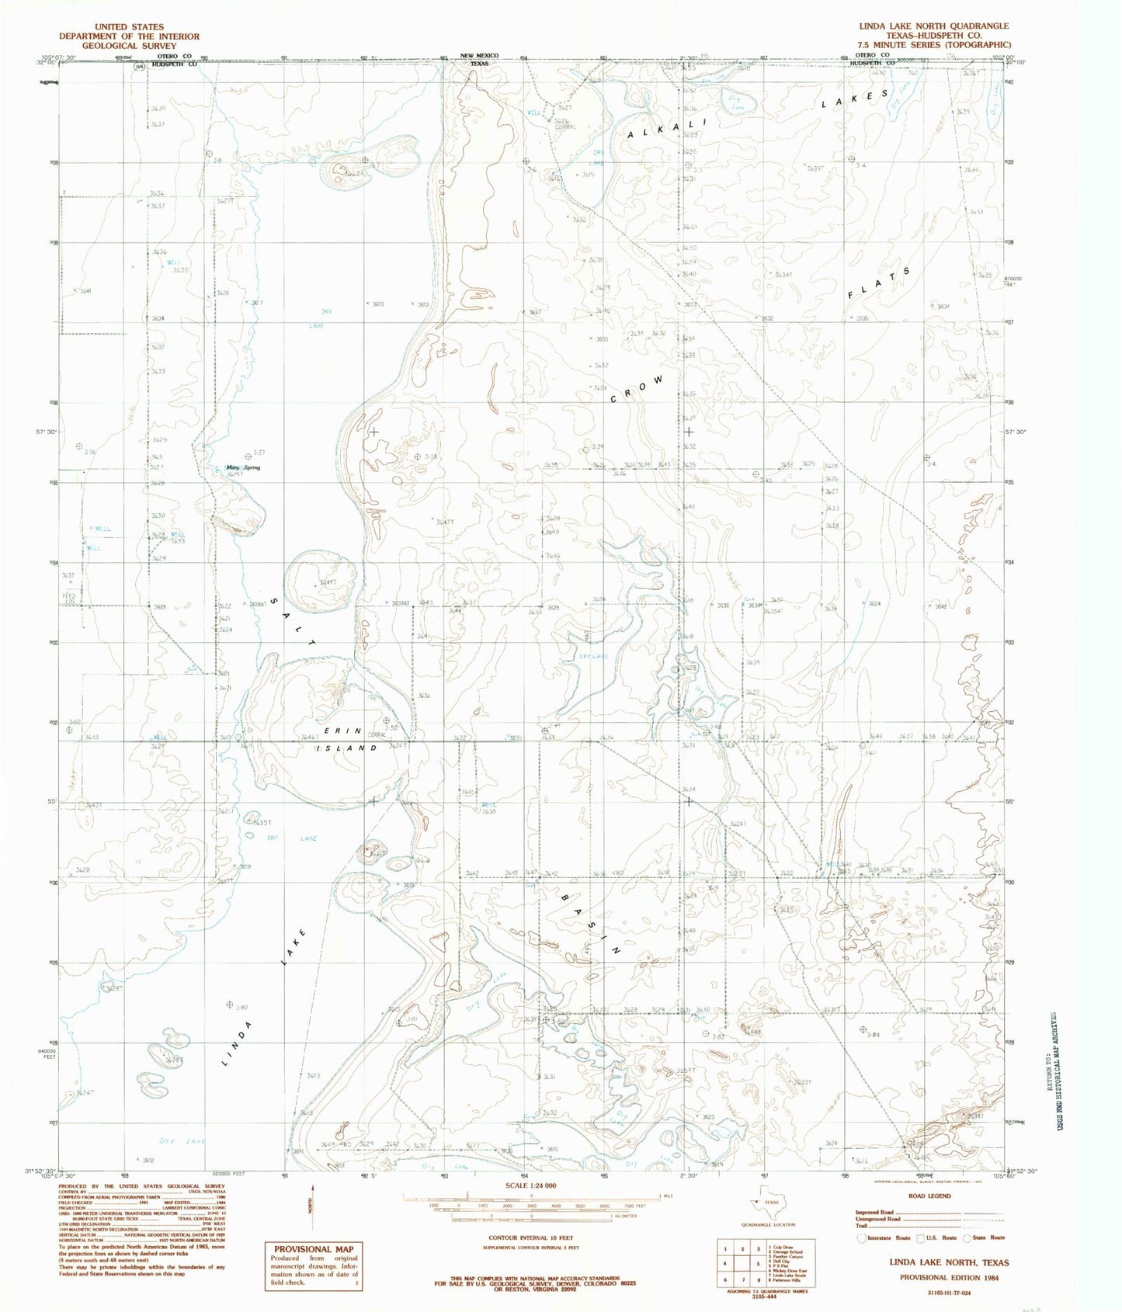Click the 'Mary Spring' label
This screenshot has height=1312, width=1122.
pyautogui.click(x=242, y=467)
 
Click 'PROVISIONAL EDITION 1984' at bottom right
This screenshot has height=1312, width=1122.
pyautogui.click(x=949, y=1276)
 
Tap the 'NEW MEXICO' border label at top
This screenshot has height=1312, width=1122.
pyautogui.click(x=479, y=56)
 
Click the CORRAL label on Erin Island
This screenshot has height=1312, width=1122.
pyautogui.click(x=376, y=734)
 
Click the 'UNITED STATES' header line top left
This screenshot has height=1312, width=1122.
pyautogui.click(x=130, y=26)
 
